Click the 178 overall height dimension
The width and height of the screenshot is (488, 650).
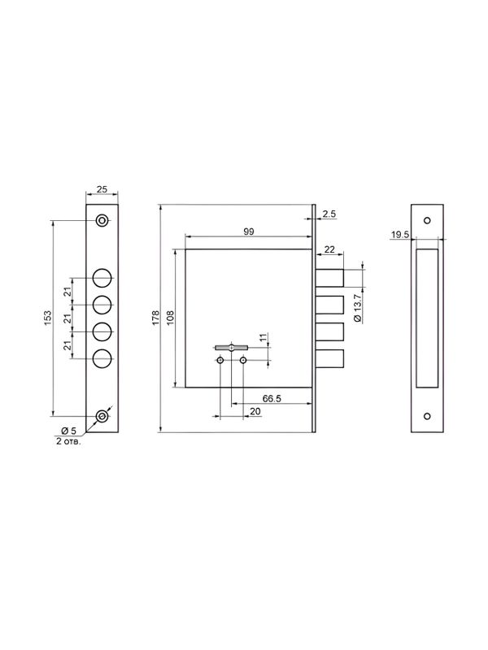click(155, 318)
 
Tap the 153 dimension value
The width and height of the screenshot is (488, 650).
click(48, 318)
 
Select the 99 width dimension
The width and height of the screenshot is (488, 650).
click(249, 232)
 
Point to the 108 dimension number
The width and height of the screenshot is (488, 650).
click(170, 318)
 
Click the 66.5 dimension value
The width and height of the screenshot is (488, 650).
click(272, 398)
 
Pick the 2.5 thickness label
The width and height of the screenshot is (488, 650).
click(329, 214)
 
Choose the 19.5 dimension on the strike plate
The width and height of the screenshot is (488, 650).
click(400, 235)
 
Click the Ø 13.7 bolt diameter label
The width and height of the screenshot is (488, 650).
click(359, 307)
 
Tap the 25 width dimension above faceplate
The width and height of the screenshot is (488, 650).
click(102, 189)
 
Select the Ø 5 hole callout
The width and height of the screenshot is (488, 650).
click(69, 431)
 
